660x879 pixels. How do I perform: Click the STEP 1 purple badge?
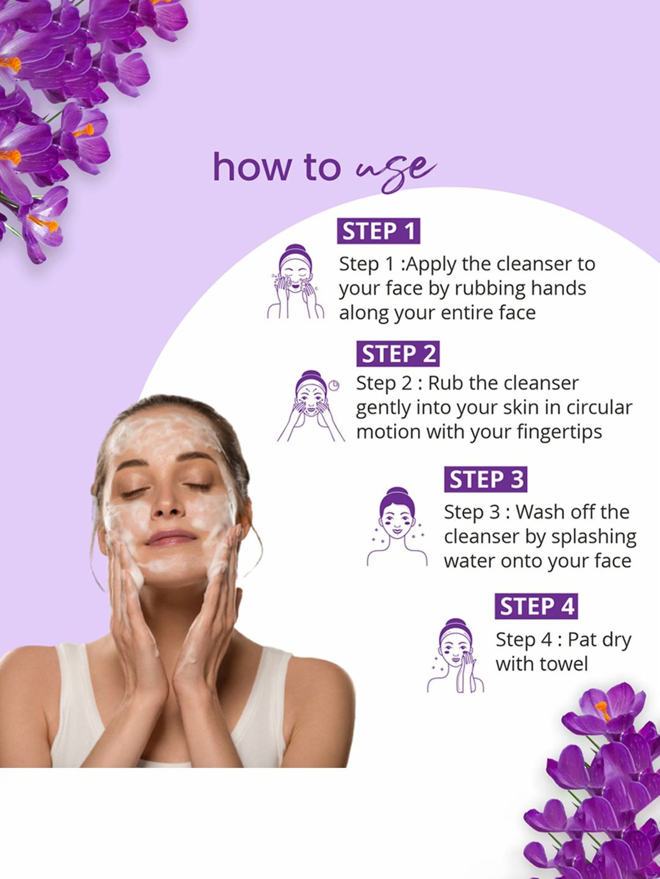tap(378, 231)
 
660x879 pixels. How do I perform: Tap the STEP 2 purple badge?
tap(398, 354)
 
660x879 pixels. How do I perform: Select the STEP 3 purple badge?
tap(485, 479)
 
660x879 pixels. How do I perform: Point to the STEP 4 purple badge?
tap(536, 607)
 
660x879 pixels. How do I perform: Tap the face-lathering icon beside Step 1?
tap(296, 282)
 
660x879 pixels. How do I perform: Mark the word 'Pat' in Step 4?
tap(582, 640)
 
